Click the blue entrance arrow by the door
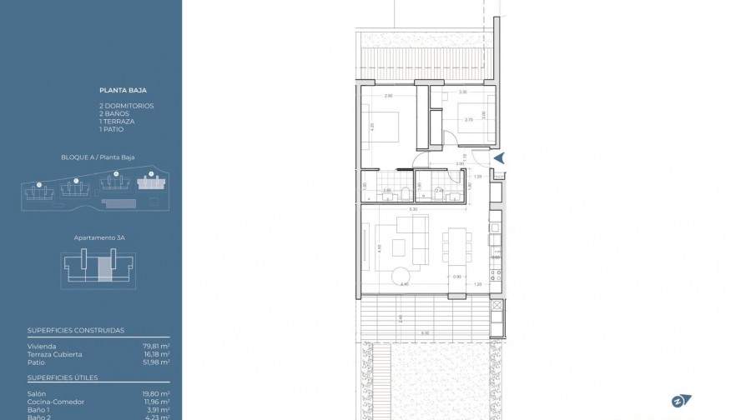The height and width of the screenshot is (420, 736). click(499, 157)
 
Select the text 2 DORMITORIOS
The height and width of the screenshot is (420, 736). click(126, 106)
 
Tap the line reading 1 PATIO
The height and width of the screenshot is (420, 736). click(111, 129)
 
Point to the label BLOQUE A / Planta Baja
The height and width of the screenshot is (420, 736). click(98, 157)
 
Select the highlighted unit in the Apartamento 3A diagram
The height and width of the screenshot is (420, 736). click(104, 269)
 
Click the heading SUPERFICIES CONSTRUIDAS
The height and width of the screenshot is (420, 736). click(75, 330)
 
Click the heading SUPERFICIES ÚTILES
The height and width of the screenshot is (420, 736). click(63, 377)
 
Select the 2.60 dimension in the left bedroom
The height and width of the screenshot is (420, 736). click(388, 97)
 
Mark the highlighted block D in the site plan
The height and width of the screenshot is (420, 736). click(152, 182)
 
